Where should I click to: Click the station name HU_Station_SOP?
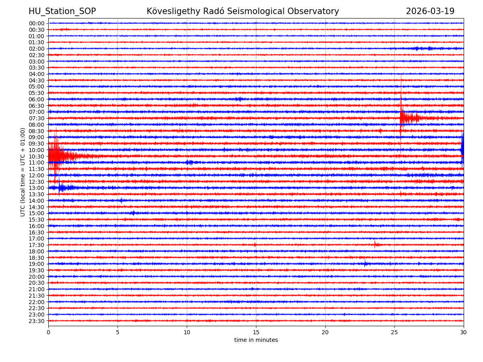pyautogui.click(x=62, y=11)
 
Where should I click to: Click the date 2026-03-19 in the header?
pyautogui.click(x=430, y=11)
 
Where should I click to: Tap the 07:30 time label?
pyautogui.click(x=36, y=118)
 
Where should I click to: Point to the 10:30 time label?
pyautogui.click(x=36, y=156)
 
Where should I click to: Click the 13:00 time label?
pyautogui.click(x=36, y=188)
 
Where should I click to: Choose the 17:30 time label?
pyautogui.click(x=36, y=245)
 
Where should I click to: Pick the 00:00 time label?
pyautogui.click(x=36, y=23)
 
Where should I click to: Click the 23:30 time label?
pyautogui.click(x=36, y=321)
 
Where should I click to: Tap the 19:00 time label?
pyautogui.click(x=36, y=264)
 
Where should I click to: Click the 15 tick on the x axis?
pyautogui.click(x=256, y=332)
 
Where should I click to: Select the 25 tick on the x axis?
pyautogui.click(x=394, y=332)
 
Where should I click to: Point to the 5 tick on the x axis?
pyautogui.click(x=118, y=332)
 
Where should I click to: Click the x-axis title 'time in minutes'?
pyautogui.click(x=256, y=340)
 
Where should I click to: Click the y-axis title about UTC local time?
pyautogui.click(x=23, y=172)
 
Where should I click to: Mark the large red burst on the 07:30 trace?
pyautogui.click(x=407, y=118)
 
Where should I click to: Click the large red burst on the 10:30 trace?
pyautogui.click(x=58, y=156)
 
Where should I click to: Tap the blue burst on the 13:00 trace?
pyautogui.click(x=62, y=187)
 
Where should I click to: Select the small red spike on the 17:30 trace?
pyautogui.click(x=376, y=244)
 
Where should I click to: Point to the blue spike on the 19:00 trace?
pyautogui.click(x=365, y=263)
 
